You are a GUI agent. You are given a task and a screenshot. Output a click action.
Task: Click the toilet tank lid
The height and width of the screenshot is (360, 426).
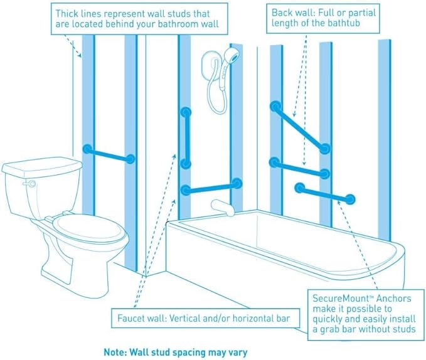pos(41,166)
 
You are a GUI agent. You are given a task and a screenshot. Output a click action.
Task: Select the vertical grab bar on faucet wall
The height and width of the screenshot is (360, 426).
pos(185,138)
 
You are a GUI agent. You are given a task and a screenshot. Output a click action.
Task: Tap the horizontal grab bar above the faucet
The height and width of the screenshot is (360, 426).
pos(211,186)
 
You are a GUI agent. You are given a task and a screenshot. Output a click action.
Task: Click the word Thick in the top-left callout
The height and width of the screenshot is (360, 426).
pos(67,13)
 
